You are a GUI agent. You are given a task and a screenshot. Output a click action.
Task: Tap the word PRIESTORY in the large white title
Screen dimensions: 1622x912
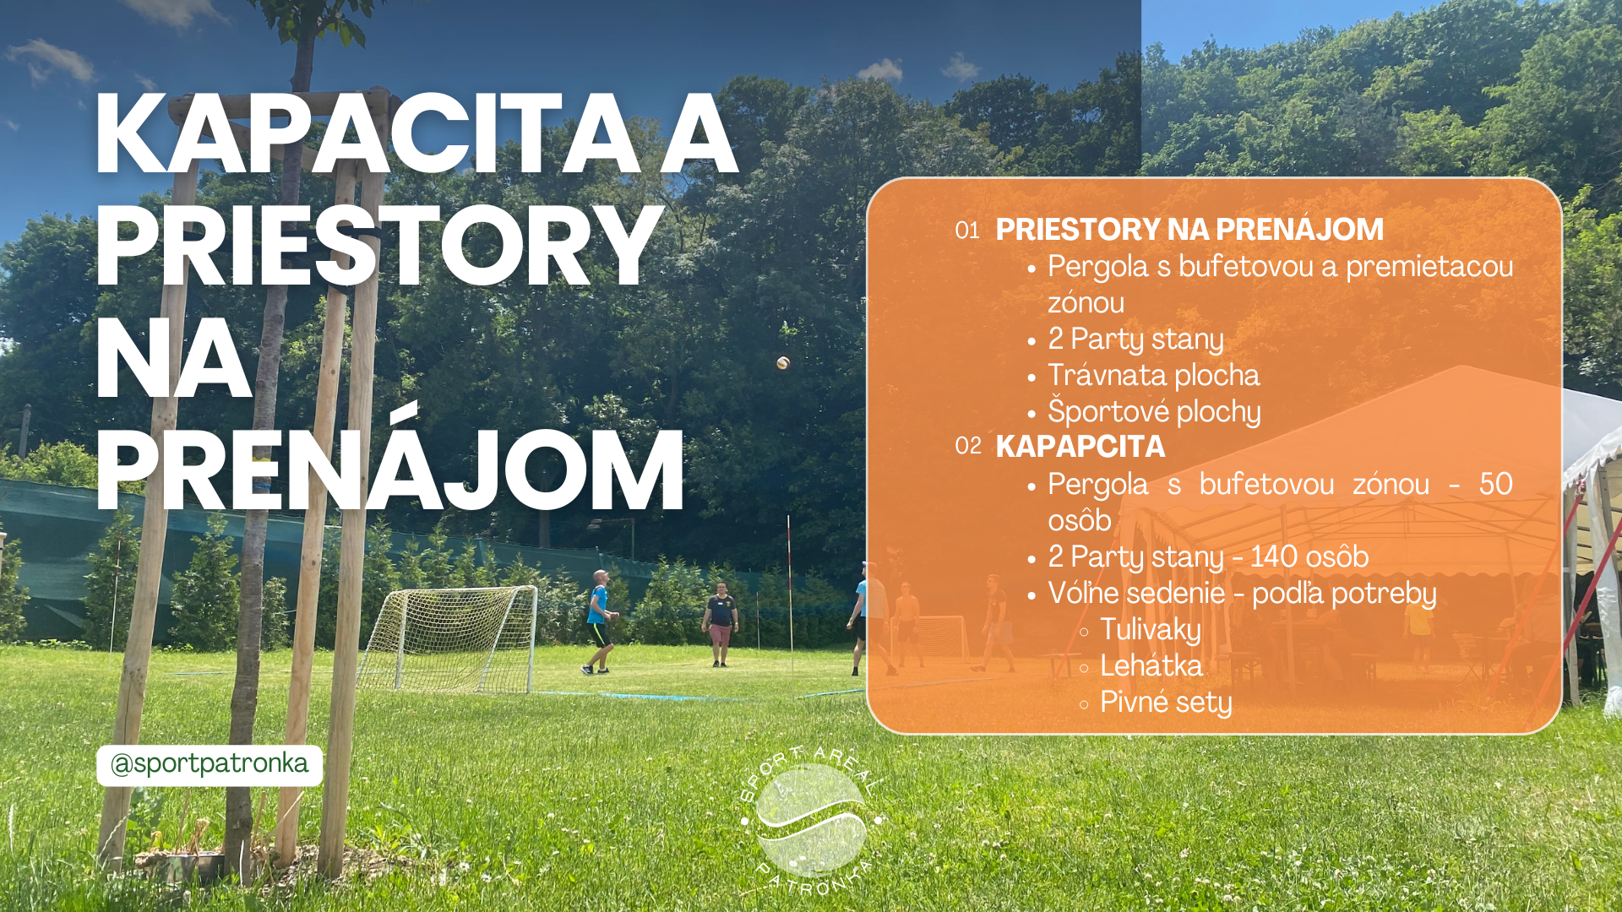[x=379, y=247]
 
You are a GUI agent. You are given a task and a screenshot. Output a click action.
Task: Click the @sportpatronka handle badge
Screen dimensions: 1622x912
[x=210, y=765]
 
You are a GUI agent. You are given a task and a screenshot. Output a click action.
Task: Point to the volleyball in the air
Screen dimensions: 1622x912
[x=783, y=362]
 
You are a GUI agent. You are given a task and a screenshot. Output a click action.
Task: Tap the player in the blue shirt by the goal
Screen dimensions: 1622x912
[x=599, y=622]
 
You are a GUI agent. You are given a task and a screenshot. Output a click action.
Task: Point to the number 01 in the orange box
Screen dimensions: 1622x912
[x=967, y=231]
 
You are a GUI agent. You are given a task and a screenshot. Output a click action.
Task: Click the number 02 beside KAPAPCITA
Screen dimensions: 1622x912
[x=968, y=446]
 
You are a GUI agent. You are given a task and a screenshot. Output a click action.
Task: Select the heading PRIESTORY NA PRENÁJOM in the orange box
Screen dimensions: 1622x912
[x=1189, y=229]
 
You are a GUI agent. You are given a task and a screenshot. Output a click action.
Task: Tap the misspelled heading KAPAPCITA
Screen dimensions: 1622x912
[x=1080, y=446]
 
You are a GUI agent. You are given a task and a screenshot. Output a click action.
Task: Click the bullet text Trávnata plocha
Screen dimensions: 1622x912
[x=1154, y=375]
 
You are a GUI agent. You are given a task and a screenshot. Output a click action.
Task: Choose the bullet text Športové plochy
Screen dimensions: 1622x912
[x=1154, y=412]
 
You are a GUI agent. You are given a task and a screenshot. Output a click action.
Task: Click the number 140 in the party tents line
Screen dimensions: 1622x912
[x=1274, y=557]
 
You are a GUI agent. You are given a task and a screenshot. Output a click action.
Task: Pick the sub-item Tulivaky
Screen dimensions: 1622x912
[x=1151, y=630]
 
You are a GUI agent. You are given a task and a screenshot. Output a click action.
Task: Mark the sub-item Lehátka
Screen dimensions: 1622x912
[x=1151, y=665]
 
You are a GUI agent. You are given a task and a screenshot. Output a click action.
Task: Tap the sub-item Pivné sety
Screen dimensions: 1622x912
[x=1166, y=703]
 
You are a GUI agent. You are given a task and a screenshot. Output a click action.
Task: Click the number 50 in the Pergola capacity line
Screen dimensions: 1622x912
[x=1495, y=485]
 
